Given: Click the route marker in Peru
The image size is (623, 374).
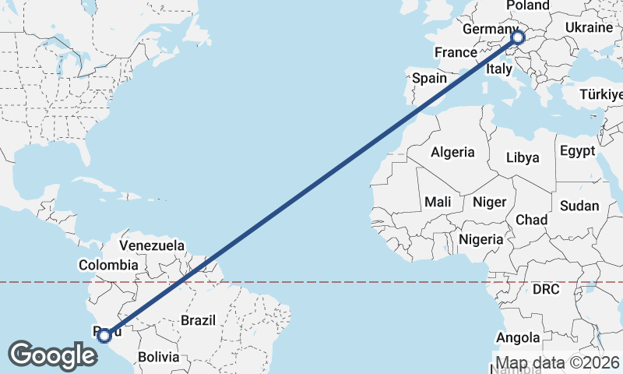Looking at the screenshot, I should tap(105, 336).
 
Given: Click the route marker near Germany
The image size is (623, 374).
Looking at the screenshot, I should tap(518, 37).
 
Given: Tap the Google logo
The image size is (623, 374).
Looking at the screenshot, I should tap(52, 355).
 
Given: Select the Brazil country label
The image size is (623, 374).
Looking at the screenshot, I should tap(198, 319).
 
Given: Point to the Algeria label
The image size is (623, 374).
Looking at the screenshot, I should tap(452, 151).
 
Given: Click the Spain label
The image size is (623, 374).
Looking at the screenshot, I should tap(429, 78).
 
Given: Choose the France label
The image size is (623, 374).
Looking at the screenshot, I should tap(456, 52).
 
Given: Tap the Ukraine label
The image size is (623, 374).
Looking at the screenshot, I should tap(589, 27).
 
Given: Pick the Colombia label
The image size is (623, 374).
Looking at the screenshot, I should tap(108, 265).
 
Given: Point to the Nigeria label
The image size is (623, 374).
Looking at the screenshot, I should tap(480, 239).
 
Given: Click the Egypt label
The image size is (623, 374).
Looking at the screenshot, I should tap(577, 150).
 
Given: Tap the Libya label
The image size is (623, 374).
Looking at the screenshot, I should tap(523, 157).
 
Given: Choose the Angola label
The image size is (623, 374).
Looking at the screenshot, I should tap(518, 337).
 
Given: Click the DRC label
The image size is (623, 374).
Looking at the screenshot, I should tap(547, 289).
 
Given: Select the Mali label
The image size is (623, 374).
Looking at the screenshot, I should tap(438, 202).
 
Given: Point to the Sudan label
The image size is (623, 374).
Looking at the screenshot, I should tap(579, 206).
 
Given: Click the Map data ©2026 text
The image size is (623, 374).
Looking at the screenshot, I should tap(558, 362).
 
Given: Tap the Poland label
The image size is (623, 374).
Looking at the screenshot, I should tap(528, 5).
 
